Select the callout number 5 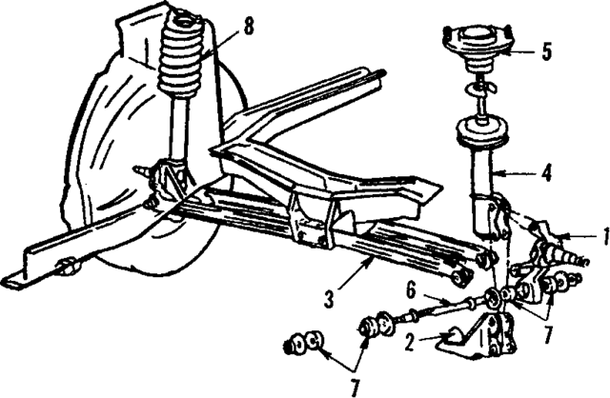pos(546,52)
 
